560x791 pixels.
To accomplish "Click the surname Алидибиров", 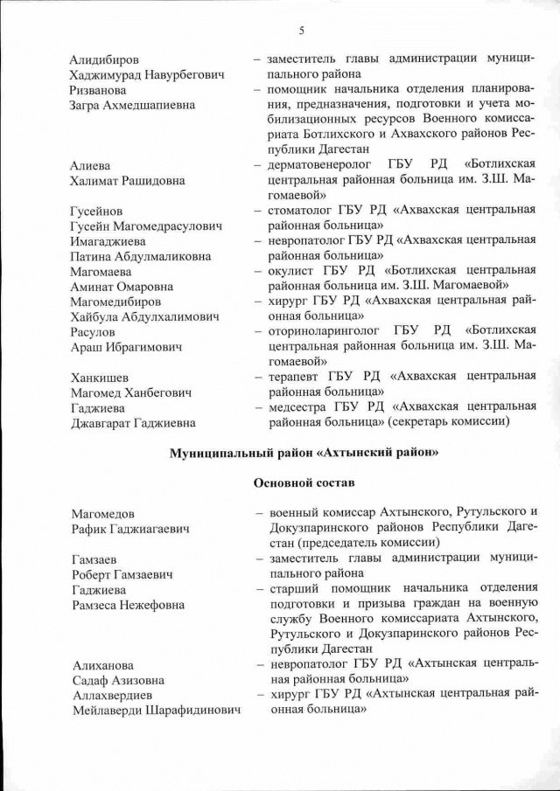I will pos(104,60).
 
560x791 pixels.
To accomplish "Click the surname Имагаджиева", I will pos(109,241).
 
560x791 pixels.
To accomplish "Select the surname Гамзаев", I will pos(94,559).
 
